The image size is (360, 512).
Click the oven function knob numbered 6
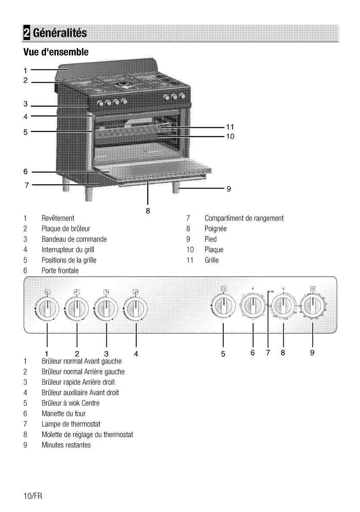tap(253, 307)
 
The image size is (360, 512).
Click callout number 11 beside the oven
tap(230, 126)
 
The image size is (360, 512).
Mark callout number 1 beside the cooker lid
tap(26, 69)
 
